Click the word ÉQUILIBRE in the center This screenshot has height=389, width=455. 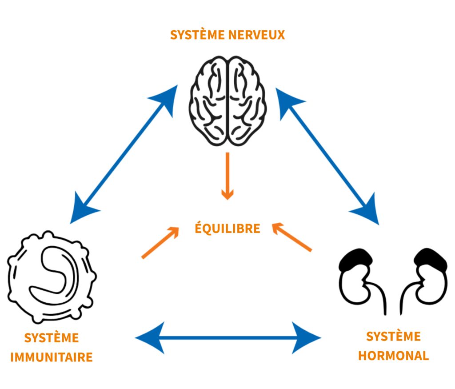(x=227, y=229)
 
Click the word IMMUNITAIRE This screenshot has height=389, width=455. (x=52, y=357)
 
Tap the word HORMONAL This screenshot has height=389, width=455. (x=394, y=356)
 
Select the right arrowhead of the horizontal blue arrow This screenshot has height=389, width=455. (x=307, y=338)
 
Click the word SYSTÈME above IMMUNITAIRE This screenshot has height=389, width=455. (x=52, y=338)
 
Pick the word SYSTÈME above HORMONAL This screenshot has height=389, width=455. (x=394, y=337)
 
